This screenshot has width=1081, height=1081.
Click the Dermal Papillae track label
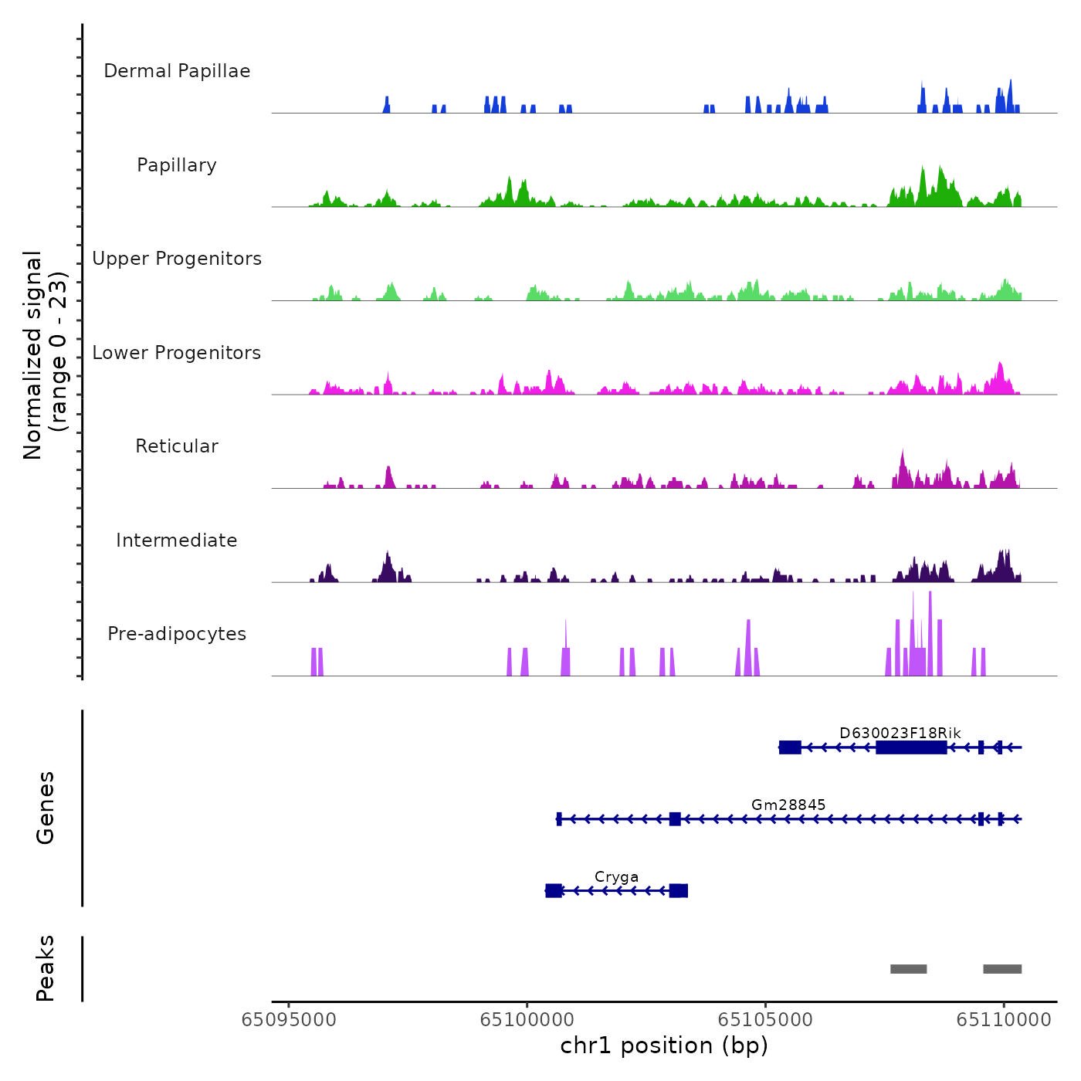pyautogui.click(x=177, y=71)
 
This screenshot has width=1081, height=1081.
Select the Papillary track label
pyautogui.click(x=177, y=165)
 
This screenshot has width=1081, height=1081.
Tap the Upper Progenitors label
pyautogui.click(x=177, y=259)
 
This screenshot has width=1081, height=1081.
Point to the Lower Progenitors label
pyautogui.click(x=177, y=353)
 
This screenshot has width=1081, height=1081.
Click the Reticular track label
pyautogui.click(x=177, y=446)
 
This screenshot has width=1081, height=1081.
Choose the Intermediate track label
pyautogui.click(x=177, y=540)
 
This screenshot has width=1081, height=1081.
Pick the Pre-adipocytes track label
pyautogui.click(x=177, y=634)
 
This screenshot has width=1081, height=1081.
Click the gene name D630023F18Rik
pyautogui.click(x=900, y=733)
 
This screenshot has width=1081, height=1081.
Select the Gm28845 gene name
pyautogui.click(x=788, y=805)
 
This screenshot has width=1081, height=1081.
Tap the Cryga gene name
pyautogui.click(x=616, y=877)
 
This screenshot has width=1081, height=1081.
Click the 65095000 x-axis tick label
pyautogui.click(x=289, y=1020)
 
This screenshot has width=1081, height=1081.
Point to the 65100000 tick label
pyautogui.click(x=527, y=1020)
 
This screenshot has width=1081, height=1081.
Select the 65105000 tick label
pyautogui.click(x=765, y=1020)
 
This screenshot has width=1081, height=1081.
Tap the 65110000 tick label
pyautogui.click(x=1004, y=1020)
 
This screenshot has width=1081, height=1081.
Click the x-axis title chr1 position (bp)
pyautogui.click(x=664, y=1045)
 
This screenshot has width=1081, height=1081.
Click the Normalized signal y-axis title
pyautogui.click(x=45, y=354)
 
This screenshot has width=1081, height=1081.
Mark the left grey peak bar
pyautogui.click(x=908, y=969)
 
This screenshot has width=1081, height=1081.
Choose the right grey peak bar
pyautogui.click(x=1002, y=969)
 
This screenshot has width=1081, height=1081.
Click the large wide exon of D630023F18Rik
pyautogui.click(x=911, y=747)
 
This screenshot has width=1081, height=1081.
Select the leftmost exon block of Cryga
pyautogui.click(x=554, y=891)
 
